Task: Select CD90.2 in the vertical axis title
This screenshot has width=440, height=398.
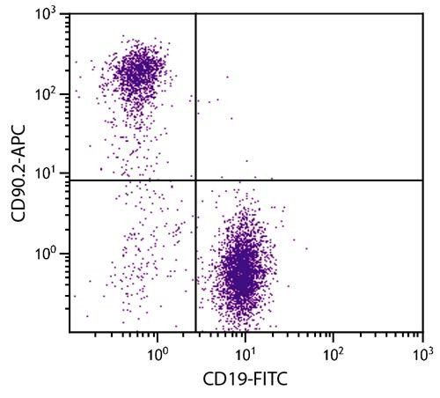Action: tap(18, 200)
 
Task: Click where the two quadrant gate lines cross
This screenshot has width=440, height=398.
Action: tap(194, 181)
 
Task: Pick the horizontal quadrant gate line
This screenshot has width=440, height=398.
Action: tap(308, 181)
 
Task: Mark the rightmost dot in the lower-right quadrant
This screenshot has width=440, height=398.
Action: tap(306, 248)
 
